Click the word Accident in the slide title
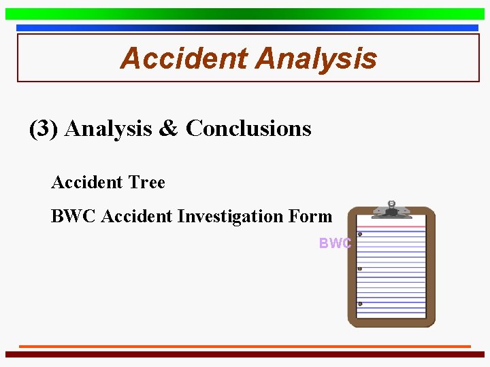point(184,58)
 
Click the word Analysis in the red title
point(316,58)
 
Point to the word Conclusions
point(248,128)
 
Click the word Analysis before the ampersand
point(109,128)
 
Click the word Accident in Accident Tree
point(86,182)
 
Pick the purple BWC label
point(335,243)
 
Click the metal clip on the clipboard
point(391,209)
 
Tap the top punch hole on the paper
point(360,234)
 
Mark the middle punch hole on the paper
point(360,269)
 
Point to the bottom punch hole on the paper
point(360,304)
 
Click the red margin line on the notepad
point(391,226)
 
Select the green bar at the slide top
point(245,14)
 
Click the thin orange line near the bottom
point(245,346)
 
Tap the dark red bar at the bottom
point(245,354)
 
